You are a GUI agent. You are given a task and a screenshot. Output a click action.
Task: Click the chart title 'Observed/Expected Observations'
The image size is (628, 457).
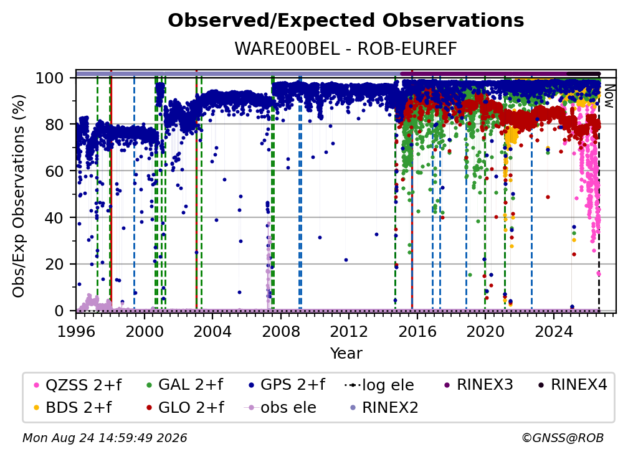tap(346, 21)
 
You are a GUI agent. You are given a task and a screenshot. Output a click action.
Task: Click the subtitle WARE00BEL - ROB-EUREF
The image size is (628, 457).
tap(346, 49)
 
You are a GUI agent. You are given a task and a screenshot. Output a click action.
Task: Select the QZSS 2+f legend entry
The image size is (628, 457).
tap(78, 385)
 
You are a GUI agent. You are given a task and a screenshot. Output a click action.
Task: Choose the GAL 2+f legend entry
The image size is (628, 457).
tap(184, 385)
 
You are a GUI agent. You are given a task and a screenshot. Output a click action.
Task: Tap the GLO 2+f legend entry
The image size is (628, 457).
tap(184, 407)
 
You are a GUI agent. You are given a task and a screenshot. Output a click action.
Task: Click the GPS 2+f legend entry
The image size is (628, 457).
tap(287, 385)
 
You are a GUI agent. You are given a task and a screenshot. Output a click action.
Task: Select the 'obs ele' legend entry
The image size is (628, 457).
tap(280, 407)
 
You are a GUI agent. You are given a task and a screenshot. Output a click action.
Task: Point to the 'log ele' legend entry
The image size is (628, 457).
tap(379, 385)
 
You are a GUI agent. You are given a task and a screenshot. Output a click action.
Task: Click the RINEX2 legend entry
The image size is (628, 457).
tap(384, 407)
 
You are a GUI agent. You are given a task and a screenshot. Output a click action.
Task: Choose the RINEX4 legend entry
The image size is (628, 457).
tap(573, 385)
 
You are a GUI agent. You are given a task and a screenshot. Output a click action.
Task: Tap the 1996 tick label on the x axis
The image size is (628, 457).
tap(76, 331)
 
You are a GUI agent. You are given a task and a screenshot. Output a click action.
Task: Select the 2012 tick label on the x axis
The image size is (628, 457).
tap(349, 331)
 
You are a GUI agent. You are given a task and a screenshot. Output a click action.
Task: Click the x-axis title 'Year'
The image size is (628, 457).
tap(346, 354)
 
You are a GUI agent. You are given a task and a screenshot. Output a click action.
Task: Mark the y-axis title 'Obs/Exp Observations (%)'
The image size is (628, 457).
tap(19, 196)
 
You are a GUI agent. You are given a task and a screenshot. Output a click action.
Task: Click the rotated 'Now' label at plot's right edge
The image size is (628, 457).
tap(609, 97)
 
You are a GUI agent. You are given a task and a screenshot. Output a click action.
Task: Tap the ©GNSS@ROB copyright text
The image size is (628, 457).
tap(563, 438)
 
